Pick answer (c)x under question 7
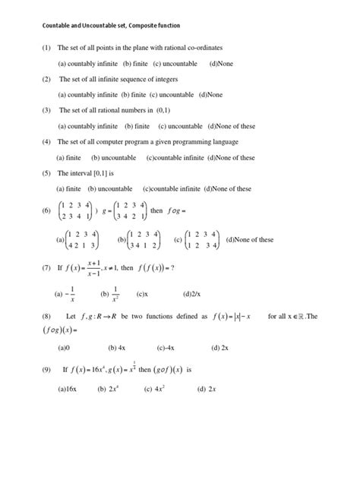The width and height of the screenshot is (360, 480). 142,292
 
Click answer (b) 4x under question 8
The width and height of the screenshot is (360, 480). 117,347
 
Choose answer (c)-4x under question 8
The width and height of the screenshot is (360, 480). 166,347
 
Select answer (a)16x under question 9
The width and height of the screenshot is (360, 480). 71,388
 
